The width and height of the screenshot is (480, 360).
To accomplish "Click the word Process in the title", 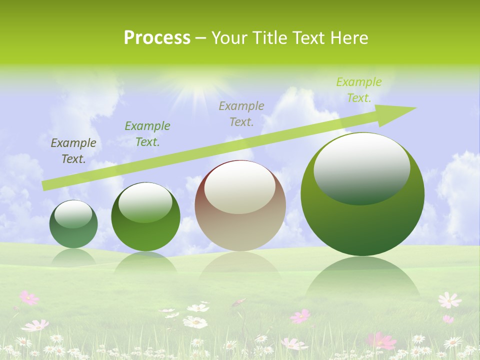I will coord(157,38).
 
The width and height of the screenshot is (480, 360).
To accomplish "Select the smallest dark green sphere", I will coord(73,224).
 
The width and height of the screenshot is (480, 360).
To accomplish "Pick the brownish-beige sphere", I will coord(240,206).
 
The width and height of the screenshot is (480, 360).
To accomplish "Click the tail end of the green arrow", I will coord(44,185).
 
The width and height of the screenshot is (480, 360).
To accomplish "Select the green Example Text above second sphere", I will coord(147,134).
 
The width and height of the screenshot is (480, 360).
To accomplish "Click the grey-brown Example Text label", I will coord(241,113).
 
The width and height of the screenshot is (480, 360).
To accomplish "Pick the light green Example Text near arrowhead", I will coord(358,90).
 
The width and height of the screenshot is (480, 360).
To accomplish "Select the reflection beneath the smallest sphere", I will coord(73,257).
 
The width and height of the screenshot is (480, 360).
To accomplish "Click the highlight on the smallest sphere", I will coord(73,214).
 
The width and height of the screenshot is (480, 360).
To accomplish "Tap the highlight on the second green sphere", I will coord(145,203).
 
